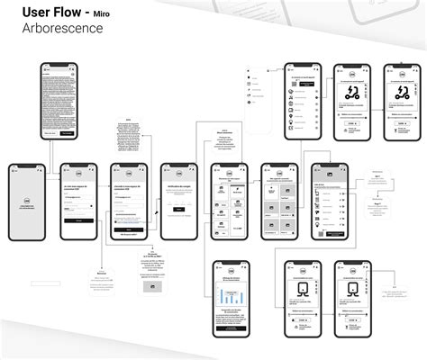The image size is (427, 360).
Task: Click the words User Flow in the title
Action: [x=45, y=12]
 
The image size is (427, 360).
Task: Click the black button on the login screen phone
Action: [x=78, y=220]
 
